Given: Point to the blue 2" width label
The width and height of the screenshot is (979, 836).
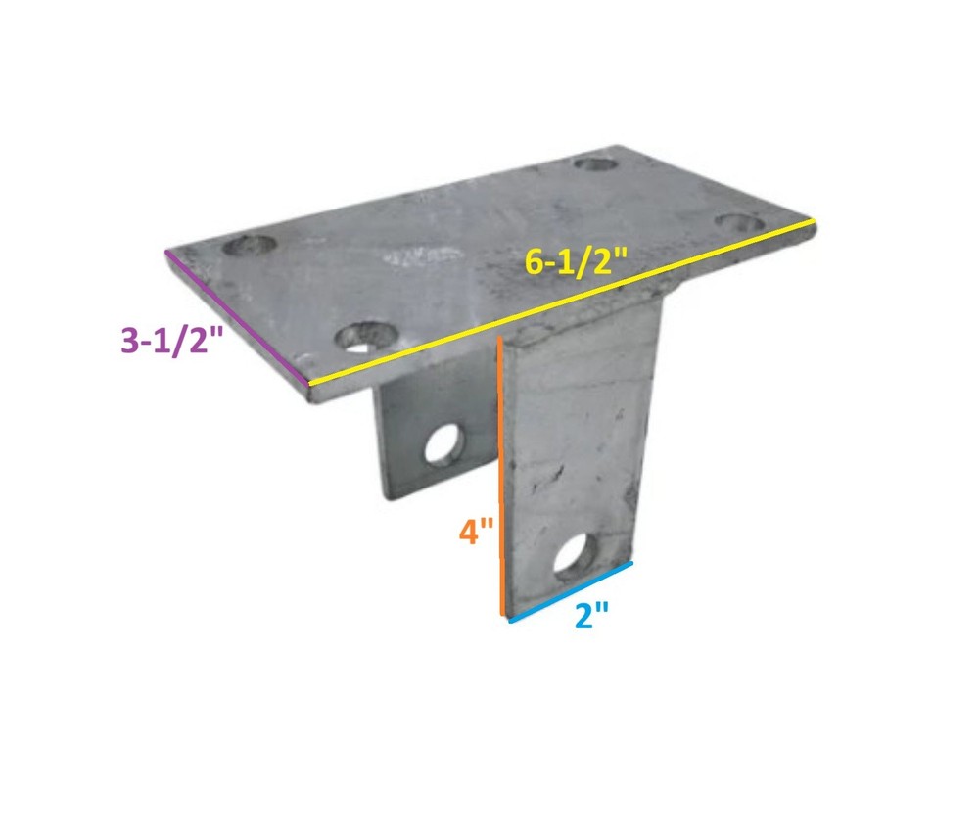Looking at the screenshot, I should [592, 618].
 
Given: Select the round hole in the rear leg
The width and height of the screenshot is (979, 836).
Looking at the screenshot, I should [444, 443].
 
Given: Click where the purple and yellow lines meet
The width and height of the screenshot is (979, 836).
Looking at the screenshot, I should [309, 384].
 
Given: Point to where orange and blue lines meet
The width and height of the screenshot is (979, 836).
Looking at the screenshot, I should [505, 617].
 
